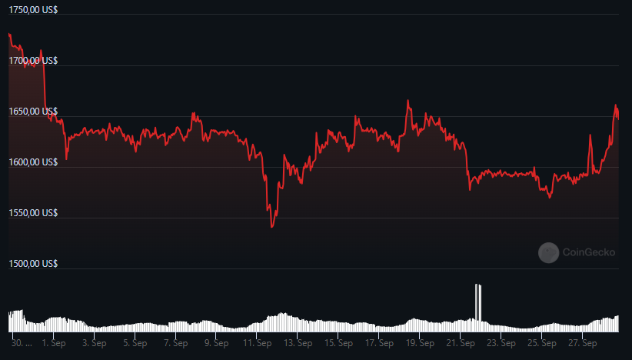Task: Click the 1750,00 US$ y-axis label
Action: (x=33, y=10)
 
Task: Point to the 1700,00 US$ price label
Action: (x=33, y=61)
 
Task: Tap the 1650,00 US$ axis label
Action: (x=33, y=112)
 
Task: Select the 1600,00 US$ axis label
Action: (x=33, y=162)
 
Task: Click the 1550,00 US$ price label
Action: (x=33, y=213)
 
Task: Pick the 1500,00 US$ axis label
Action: (x=33, y=264)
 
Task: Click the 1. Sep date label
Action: (x=54, y=344)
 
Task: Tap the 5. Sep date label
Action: (x=135, y=344)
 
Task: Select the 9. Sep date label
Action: (x=217, y=344)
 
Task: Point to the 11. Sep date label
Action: (x=257, y=344)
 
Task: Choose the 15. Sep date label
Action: (x=338, y=344)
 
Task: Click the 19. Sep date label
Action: (x=420, y=344)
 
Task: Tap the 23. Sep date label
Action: (x=501, y=344)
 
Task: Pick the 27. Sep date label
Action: (x=583, y=344)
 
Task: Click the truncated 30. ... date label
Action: (x=22, y=344)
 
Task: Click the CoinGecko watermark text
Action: (x=589, y=252)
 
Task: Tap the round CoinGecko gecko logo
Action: (x=548, y=253)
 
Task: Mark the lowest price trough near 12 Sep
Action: (x=272, y=227)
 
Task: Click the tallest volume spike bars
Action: (x=478, y=302)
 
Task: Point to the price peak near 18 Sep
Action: (x=408, y=100)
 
